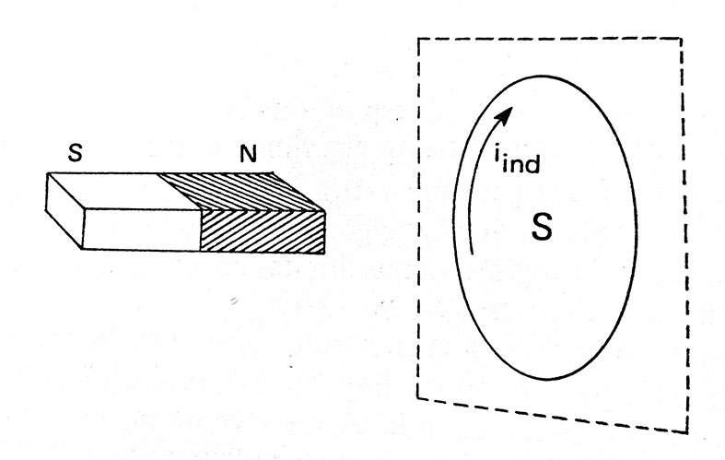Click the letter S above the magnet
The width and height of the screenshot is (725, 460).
coord(76,152)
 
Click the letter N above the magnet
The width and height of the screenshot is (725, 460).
coord(249,153)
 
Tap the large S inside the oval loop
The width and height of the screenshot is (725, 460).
coord(542,227)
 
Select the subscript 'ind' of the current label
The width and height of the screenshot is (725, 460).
coord(521,164)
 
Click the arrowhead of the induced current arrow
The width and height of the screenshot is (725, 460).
coord(506,115)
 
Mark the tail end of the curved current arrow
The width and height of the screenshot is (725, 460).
coord(472,254)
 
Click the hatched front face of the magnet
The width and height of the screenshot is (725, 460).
coord(263,231)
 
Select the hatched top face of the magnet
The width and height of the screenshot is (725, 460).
coord(240,191)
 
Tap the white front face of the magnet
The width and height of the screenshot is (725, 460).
coord(141,229)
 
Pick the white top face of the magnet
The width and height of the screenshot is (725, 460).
coord(125,191)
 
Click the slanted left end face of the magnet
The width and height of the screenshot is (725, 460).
coord(64,210)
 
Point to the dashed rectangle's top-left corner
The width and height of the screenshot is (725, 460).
coord(418,39)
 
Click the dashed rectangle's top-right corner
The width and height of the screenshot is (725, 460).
coord(681,39)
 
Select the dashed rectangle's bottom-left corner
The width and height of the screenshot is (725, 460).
coord(417,397)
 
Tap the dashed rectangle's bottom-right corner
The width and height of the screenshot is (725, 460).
coord(687,433)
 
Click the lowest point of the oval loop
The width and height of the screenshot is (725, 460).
coord(546,380)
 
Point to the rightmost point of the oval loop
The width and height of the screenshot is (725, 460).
coord(637,222)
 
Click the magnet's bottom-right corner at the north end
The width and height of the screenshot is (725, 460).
coord(324,253)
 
